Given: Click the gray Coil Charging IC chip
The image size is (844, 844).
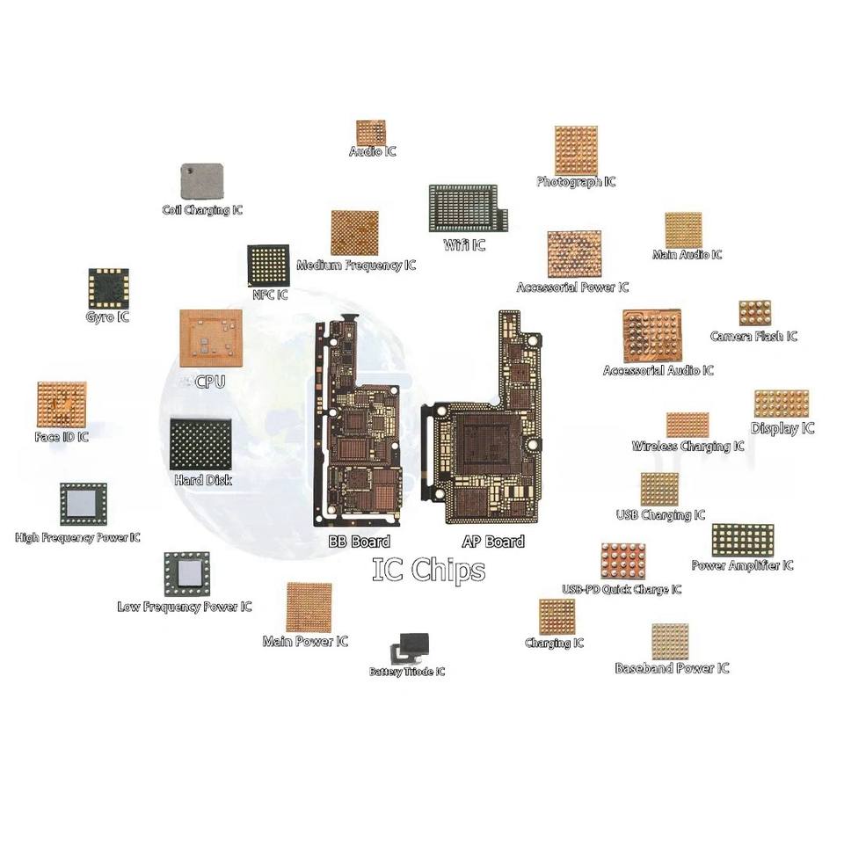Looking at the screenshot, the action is (x=201, y=181).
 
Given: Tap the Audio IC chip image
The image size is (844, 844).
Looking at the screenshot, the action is (x=371, y=133).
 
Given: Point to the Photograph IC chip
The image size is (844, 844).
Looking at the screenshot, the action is (x=576, y=150).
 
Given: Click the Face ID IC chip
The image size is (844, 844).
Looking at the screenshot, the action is (x=62, y=404).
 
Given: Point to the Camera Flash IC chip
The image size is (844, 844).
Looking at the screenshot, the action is (x=754, y=314).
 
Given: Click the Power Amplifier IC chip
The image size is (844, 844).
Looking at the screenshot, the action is (x=742, y=540).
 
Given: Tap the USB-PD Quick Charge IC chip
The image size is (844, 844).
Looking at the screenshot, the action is (x=622, y=561).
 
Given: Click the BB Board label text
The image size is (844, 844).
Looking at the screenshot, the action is (x=359, y=542).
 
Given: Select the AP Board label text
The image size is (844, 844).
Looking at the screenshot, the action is (x=493, y=542).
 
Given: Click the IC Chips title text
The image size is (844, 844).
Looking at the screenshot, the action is (x=428, y=570).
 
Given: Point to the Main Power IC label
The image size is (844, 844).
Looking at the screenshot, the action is (x=305, y=642).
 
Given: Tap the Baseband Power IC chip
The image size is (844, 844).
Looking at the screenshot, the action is (x=670, y=642).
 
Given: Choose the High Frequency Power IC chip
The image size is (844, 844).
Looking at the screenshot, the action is (x=83, y=505).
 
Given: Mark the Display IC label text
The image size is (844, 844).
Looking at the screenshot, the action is (x=782, y=428).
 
